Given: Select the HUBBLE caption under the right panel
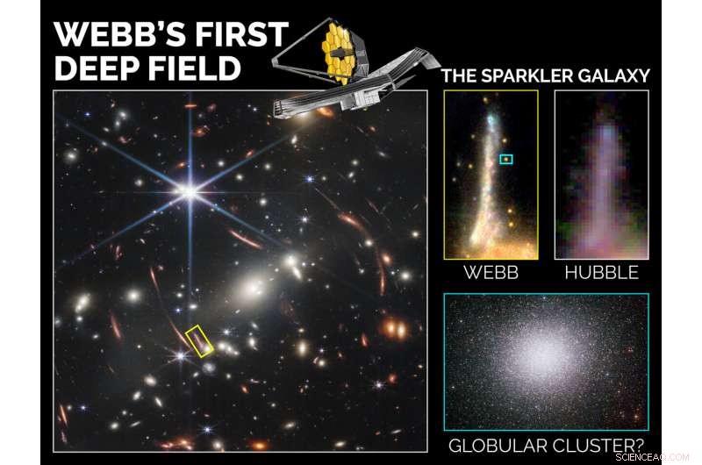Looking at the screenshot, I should (x=601, y=272).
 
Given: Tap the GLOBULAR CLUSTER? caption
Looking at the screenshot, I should (x=545, y=446).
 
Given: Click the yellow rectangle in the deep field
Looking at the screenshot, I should (x=200, y=340).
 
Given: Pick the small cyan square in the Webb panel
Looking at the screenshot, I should (x=505, y=159).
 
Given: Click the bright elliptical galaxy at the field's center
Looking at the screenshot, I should (x=252, y=285).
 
